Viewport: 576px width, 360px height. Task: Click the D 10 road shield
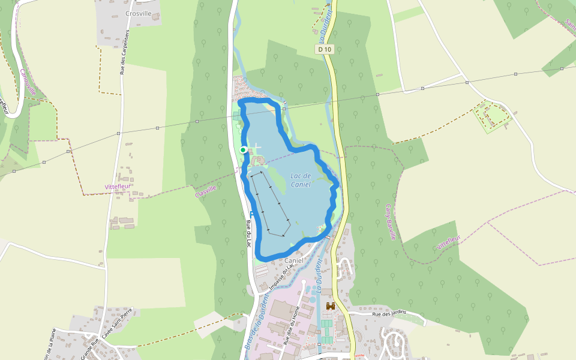click(325, 49)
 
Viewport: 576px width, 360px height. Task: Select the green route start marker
click(243, 149)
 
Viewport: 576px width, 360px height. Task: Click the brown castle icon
click(330, 306)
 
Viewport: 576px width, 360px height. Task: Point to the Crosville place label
click(139, 13)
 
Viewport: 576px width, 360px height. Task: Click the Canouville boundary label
click(28, 82)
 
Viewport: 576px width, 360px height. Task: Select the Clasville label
click(205, 192)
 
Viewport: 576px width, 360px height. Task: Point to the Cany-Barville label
click(391, 221)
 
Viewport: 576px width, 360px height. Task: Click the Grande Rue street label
click(91, 347)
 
